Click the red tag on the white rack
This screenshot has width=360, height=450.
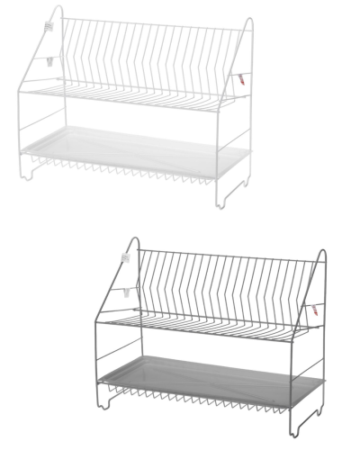pyautogui.click(x=242, y=78)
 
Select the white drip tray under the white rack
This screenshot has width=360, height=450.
pyautogui.click(x=135, y=144)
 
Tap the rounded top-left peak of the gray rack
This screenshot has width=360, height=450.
pyautogui.click(x=135, y=240)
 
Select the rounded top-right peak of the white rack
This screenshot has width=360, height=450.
pyautogui.click(x=249, y=22)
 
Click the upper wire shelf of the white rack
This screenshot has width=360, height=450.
pyautogui.click(x=135, y=94)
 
